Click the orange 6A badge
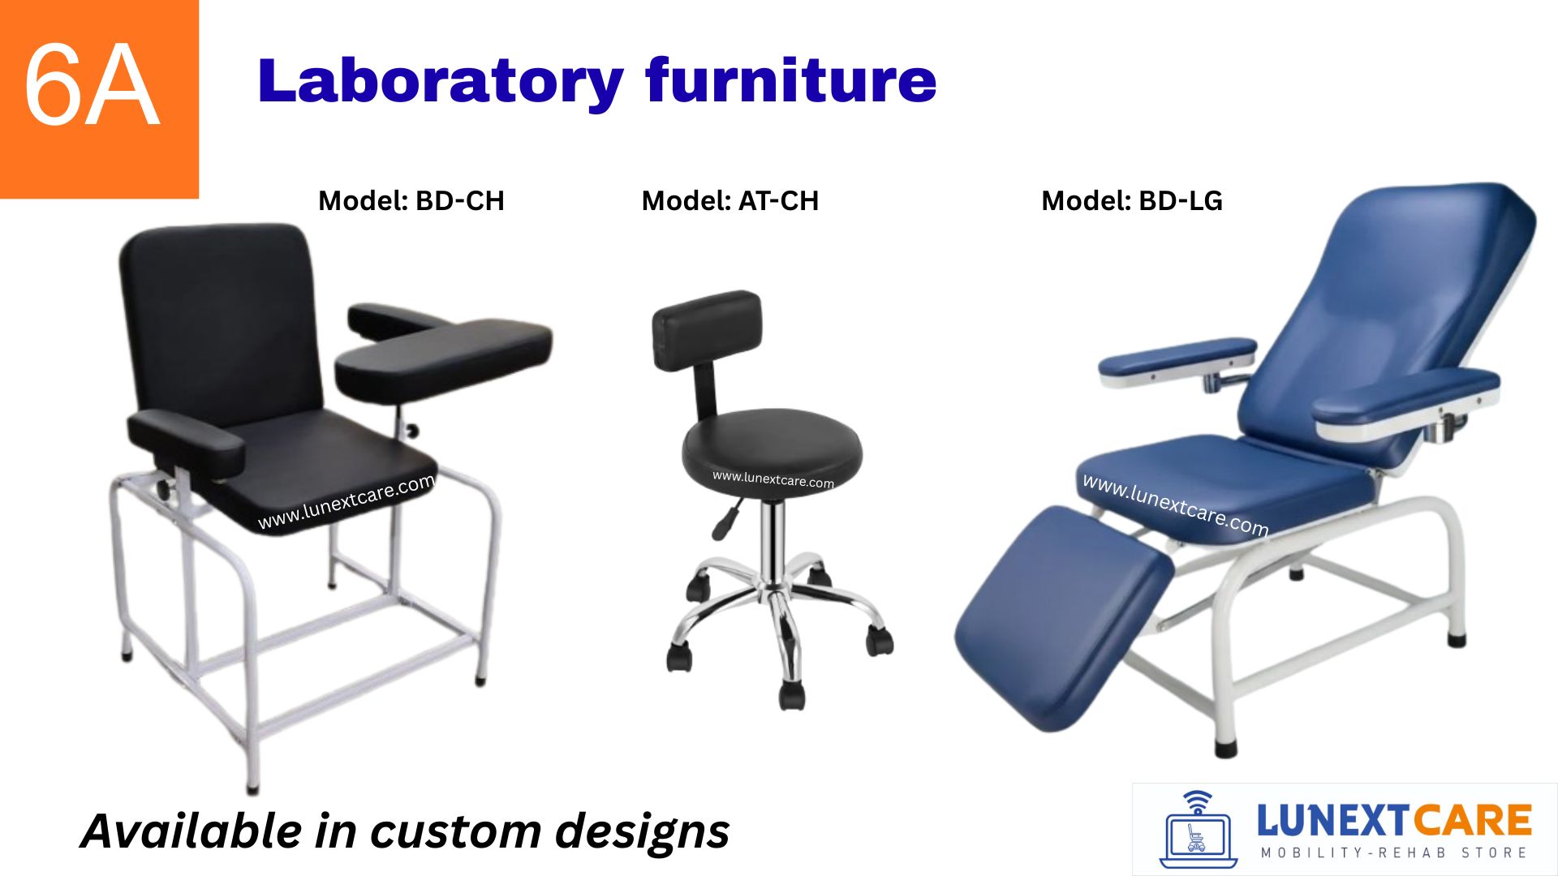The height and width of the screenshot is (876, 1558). pos(99,99)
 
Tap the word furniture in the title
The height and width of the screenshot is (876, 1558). pos(791,80)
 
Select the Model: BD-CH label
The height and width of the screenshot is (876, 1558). pos(411,200)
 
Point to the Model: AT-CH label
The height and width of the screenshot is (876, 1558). pos(730,200)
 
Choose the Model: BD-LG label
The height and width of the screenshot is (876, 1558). pos(1132,200)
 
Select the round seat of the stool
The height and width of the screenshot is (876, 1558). pos(773,454)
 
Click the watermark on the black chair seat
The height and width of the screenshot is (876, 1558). pos(346,502)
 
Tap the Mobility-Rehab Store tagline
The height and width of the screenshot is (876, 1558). pos(1394,852)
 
